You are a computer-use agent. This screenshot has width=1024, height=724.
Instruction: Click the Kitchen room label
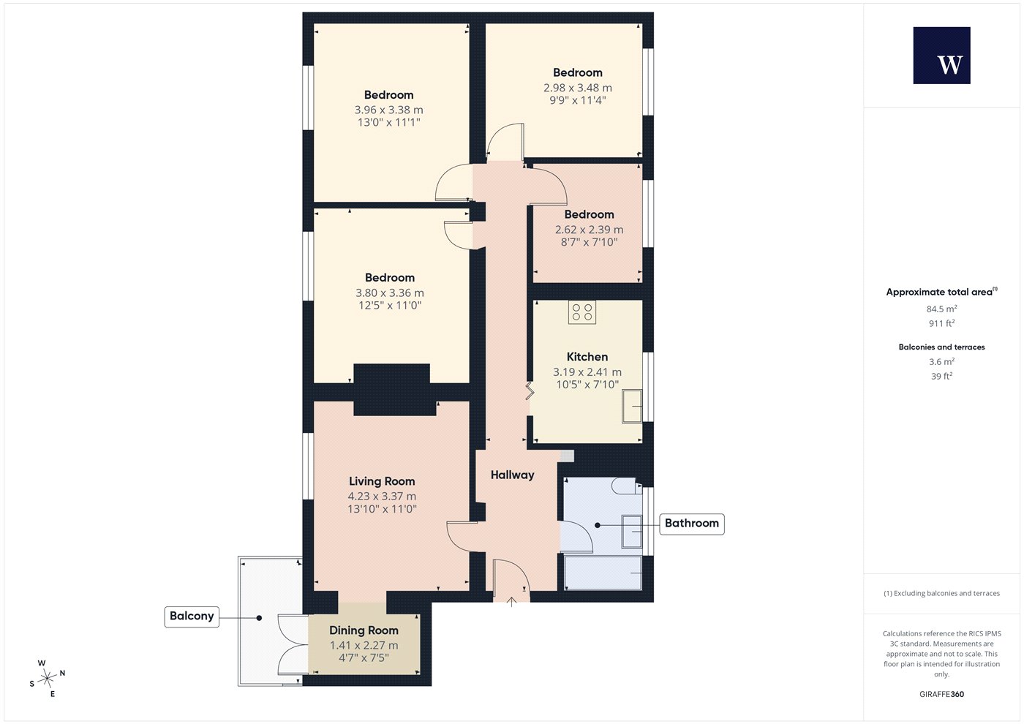[x=587, y=357]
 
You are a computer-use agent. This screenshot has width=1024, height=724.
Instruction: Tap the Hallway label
[x=512, y=475]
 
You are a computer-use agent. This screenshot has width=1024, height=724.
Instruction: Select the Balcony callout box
[x=192, y=616]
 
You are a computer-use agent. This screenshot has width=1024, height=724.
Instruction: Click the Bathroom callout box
[x=692, y=524]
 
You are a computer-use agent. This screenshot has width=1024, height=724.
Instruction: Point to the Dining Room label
[x=364, y=630]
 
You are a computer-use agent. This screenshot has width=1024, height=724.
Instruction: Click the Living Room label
[x=382, y=481]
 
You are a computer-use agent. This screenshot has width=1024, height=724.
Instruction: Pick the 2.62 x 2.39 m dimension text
[x=589, y=230]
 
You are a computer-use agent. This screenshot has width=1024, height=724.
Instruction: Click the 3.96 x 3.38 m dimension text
[x=388, y=110]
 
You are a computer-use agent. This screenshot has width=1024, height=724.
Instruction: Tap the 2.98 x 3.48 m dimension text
[x=577, y=88]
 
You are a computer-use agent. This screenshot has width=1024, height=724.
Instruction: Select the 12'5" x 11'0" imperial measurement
[x=389, y=306]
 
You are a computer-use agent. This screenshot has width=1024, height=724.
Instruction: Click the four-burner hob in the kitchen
[x=582, y=312]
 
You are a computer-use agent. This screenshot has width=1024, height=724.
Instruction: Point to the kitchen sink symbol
[x=632, y=406]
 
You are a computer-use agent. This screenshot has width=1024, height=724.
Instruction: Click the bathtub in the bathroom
[x=603, y=573]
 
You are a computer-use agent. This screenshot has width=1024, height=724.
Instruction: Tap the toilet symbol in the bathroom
[x=626, y=486]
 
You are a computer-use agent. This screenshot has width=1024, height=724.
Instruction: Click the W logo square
[x=942, y=56]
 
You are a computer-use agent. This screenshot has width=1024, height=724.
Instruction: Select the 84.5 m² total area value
[x=942, y=309]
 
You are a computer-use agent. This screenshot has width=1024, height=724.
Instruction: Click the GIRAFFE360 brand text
[x=942, y=694]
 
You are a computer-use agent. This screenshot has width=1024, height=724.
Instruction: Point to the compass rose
[x=47, y=679]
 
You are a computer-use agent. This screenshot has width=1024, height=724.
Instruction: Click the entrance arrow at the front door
[x=511, y=602]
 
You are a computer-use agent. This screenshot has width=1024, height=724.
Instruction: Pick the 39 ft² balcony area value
[x=942, y=376]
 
